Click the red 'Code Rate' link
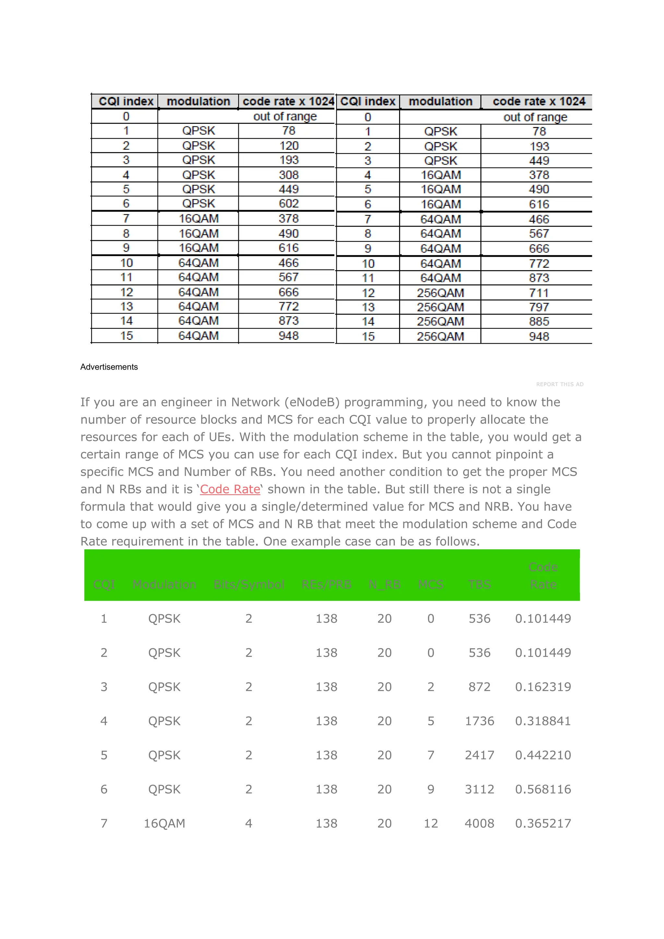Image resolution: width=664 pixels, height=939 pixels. click(230, 489)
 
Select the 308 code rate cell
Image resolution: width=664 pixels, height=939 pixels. click(289, 175)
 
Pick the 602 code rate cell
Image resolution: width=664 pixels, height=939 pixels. click(289, 204)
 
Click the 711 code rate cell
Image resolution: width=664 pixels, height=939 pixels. click(539, 293)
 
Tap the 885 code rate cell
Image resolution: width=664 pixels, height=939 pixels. click(539, 321)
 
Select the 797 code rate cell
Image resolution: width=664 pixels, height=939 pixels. click(539, 307)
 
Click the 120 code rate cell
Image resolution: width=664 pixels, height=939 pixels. click(289, 146)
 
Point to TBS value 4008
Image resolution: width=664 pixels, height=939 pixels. click(479, 823)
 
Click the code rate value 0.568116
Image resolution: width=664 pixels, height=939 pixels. click(542, 789)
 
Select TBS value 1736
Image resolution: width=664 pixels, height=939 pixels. click(479, 721)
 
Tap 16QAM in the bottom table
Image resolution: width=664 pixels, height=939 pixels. click(164, 823)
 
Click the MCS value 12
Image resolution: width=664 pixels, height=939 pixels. click(431, 823)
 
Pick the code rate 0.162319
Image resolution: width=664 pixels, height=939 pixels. click(542, 687)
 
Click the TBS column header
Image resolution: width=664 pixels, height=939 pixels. click(479, 584)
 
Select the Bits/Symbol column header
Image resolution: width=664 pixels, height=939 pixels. click(249, 584)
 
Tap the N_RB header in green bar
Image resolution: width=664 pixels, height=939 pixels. click(384, 584)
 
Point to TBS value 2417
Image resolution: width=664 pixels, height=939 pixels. click(479, 755)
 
